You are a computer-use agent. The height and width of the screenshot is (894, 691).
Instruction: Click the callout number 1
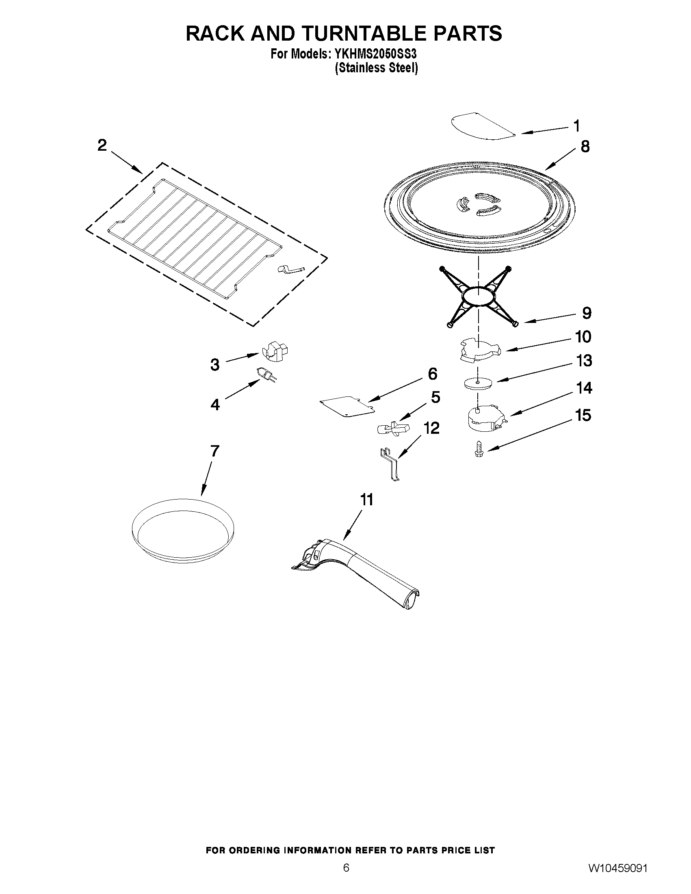click(x=576, y=126)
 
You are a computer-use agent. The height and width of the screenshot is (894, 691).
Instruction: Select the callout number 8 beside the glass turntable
click(x=585, y=146)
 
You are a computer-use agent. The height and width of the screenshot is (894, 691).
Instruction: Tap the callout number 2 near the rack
click(x=102, y=145)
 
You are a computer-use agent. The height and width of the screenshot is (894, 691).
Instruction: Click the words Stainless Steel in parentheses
click(x=376, y=68)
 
